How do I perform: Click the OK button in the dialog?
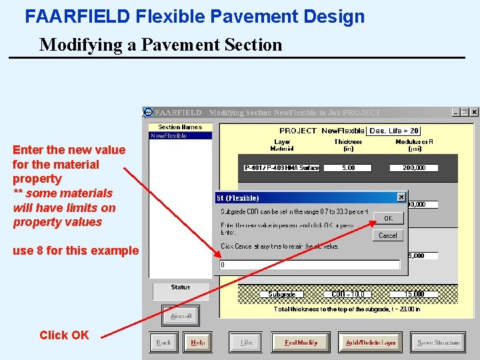tap(388, 218)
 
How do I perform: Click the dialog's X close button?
tap(401, 197)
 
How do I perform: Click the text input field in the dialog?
tap(310, 265)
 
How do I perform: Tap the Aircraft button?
tap(181, 316)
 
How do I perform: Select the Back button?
tap(163, 343)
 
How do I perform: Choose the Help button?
tap(198, 343)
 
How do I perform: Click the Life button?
tap(246, 343)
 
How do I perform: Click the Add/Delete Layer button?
tap(370, 343)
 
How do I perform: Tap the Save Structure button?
tap(438, 343)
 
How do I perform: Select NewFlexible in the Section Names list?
tap(169, 136)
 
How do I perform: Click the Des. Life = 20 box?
tap(394, 131)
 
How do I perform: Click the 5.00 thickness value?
tap(348, 168)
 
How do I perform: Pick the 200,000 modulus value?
tap(414, 168)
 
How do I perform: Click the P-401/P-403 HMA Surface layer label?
tap(282, 168)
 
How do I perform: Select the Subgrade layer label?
tap(282, 294)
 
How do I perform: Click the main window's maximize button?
tap(465, 113)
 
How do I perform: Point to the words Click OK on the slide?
tap(64, 335)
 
